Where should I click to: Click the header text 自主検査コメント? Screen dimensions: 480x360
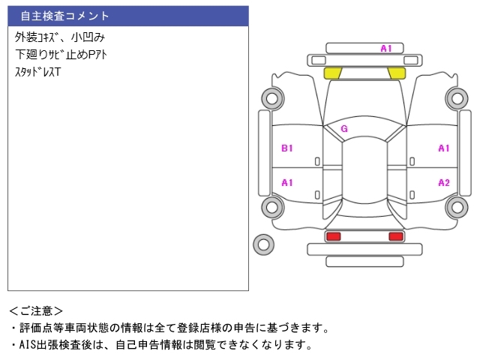pos(65,16)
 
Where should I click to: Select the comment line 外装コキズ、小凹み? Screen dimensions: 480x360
pos(60,37)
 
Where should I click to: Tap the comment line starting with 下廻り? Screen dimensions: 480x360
pos(61,55)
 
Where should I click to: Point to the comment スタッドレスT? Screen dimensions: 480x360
pos(38,72)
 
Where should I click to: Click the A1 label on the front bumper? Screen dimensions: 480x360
pos(386,48)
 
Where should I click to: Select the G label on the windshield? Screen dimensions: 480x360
pos(344,128)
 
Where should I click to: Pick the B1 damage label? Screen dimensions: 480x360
pos(286,148)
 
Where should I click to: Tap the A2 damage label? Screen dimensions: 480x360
pos(444,183)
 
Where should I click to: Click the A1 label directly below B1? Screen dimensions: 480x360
pos(286,183)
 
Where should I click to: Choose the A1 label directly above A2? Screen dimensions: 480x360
pos(444,148)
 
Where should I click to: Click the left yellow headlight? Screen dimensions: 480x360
pos(332,73)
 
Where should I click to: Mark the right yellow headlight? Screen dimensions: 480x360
pos(397,73)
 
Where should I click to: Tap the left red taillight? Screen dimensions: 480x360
pos(333,236)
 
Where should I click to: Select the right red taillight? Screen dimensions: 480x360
pos(396,236)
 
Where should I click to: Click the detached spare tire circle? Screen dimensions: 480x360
pos(263,244)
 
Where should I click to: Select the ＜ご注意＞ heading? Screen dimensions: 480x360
pos(36,311)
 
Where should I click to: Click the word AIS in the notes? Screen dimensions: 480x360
pos(28,345)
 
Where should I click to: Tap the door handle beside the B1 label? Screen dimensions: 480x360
pos(317,161)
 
